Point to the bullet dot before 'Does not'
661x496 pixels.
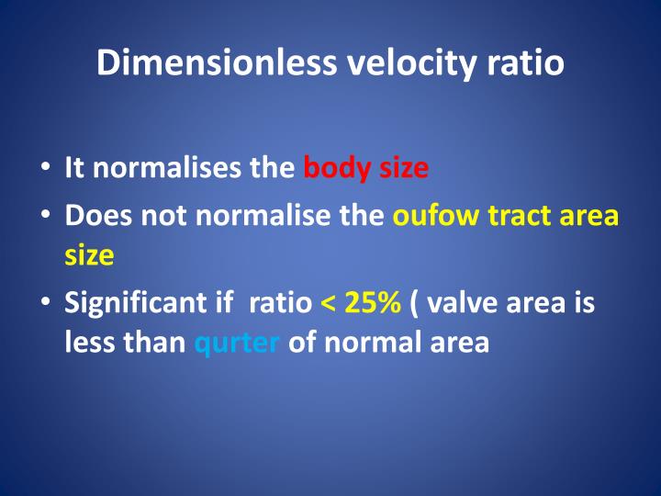point(45,219)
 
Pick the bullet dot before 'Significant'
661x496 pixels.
point(45,304)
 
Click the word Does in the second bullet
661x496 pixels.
point(92,219)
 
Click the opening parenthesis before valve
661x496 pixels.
point(416,304)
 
